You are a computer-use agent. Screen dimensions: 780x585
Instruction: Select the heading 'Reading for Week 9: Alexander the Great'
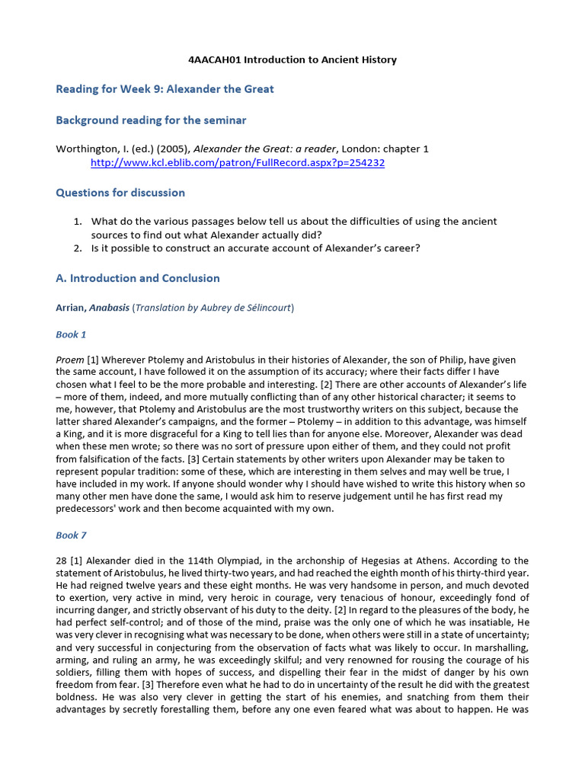tap(165, 89)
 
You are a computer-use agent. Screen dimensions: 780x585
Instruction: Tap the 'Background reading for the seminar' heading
tap(151, 120)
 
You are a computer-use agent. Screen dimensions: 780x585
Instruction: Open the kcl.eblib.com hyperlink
tap(237, 163)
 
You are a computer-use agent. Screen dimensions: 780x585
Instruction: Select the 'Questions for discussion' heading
tap(120, 193)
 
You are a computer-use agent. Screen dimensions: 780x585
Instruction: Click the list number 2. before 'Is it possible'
tap(78, 248)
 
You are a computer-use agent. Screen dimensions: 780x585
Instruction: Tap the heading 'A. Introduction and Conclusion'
tap(138, 279)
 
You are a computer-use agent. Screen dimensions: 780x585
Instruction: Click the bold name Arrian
tap(72, 308)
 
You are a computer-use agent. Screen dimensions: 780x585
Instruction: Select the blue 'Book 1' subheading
tap(72, 334)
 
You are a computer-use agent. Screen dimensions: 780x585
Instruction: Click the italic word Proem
tap(70, 360)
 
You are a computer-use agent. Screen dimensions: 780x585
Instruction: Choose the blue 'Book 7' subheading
tap(72, 535)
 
